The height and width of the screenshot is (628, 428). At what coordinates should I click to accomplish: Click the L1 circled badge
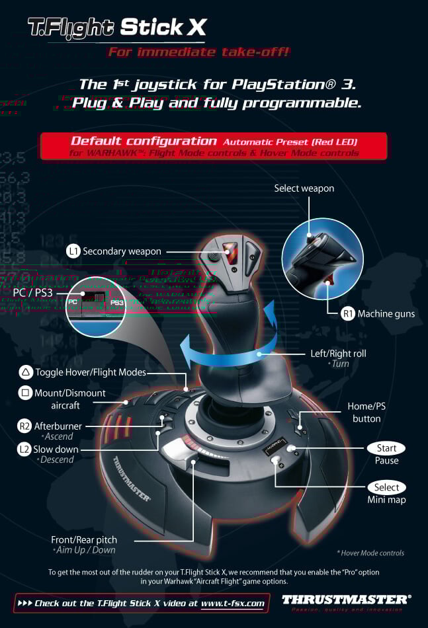(x=73, y=251)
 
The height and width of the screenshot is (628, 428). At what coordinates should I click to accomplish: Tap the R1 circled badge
(x=349, y=314)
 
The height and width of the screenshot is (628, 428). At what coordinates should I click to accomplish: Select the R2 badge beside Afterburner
(x=24, y=426)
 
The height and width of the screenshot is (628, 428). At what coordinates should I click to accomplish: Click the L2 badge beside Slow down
(x=24, y=450)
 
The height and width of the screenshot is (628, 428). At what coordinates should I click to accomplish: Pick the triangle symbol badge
(x=25, y=372)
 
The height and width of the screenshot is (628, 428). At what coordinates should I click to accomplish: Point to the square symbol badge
(x=25, y=393)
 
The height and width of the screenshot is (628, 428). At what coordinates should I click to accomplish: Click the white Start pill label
(x=386, y=448)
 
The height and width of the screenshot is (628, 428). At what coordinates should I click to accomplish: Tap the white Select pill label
(x=386, y=487)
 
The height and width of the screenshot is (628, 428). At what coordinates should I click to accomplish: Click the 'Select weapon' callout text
(x=304, y=188)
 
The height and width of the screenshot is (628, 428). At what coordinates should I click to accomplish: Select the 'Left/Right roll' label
(x=338, y=354)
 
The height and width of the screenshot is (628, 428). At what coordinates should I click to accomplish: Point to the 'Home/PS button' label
(x=366, y=412)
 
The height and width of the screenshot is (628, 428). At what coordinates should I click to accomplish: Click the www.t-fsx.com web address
(x=233, y=603)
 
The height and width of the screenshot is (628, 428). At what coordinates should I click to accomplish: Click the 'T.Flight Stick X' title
(x=117, y=28)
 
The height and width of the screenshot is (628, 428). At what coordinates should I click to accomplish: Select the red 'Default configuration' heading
(x=144, y=141)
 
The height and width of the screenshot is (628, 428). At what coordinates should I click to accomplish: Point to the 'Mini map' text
(x=386, y=500)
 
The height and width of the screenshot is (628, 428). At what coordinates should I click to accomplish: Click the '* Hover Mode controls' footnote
(x=370, y=553)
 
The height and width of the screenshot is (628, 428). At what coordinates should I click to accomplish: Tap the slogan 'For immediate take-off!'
(x=198, y=52)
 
